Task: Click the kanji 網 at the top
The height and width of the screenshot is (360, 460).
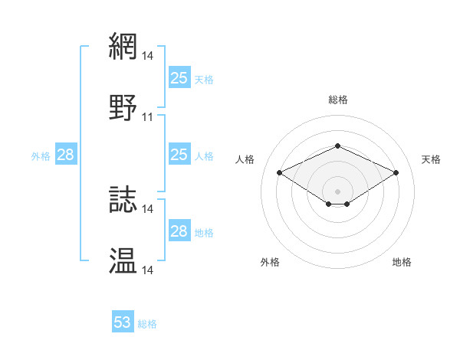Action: [123, 46]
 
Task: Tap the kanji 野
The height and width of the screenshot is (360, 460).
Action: [123, 107]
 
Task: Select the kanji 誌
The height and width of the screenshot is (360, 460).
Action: [123, 199]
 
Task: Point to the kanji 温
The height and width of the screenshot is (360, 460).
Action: [123, 260]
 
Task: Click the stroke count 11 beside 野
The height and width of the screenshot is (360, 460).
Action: [148, 117]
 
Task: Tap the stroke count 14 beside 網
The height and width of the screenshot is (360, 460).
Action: [148, 56]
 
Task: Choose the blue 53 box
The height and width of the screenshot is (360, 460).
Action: [123, 322]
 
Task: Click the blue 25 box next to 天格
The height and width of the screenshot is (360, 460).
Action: [179, 77]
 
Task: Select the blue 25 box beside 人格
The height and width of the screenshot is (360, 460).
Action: [179, 155]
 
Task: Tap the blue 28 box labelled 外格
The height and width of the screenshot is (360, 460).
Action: [65, 155]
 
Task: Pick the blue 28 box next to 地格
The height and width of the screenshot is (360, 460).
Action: [179, 231]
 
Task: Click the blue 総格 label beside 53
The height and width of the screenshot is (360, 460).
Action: [147, 324]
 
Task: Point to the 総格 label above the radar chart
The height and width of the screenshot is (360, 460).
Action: [337, 100]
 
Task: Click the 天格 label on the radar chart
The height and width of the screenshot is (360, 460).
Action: [431, 159]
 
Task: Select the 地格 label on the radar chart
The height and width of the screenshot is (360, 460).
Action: [402, 262]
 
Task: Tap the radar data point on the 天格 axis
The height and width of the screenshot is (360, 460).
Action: [396, 172]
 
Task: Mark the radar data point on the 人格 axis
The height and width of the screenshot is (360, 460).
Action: [279, 172]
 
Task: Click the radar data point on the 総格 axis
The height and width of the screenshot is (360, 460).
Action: [337, 146]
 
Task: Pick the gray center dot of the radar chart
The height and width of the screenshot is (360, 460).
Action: [337, 190]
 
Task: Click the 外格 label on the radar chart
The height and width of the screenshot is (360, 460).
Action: [270, 262]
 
